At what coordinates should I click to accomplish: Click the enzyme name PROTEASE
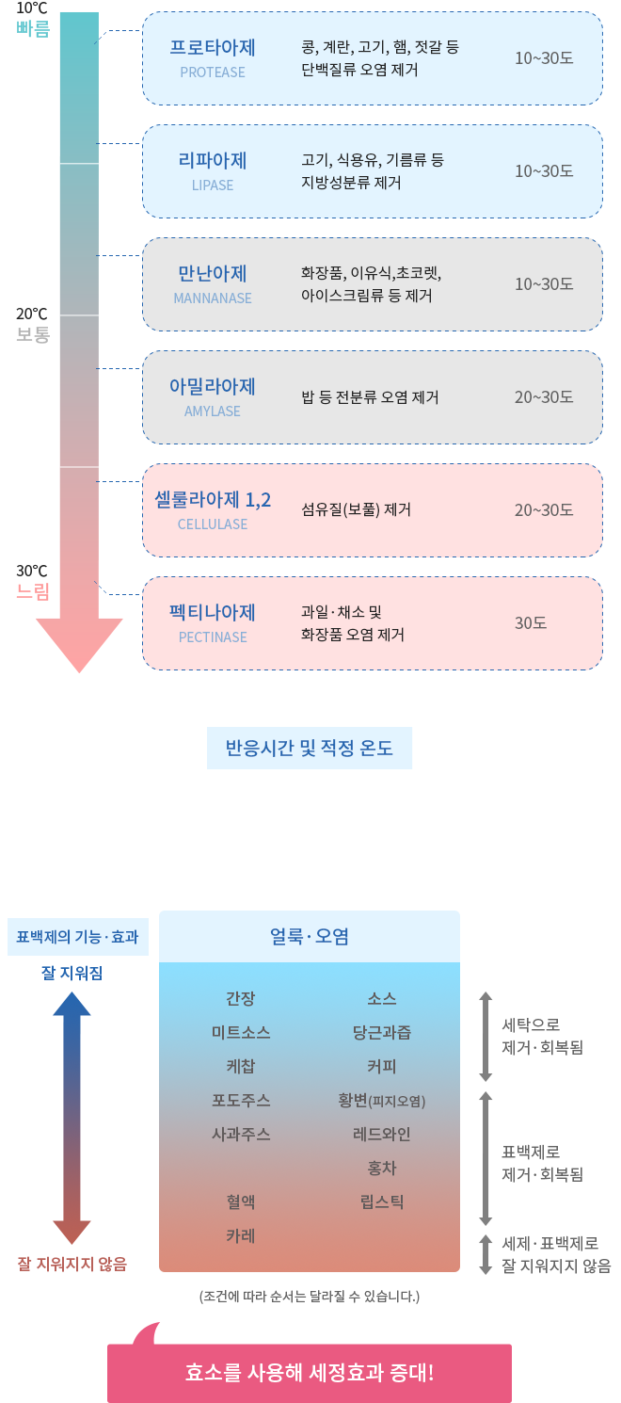[213, 72]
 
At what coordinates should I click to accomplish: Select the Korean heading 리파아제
[213, 160]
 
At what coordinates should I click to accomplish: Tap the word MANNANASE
[213, 298]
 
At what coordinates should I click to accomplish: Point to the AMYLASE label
[213, 411]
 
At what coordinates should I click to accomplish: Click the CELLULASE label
[213, 524]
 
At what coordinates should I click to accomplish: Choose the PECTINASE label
[213, 637]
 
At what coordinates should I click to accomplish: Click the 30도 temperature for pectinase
[531, 622]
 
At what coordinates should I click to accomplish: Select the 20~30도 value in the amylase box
[544, 396]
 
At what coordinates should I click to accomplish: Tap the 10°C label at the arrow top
[32, 8]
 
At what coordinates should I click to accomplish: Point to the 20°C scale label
[32, 314]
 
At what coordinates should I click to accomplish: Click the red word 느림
[33, 590]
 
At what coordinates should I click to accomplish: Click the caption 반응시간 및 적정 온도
[310, 748]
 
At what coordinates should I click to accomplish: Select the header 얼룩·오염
[310, 936]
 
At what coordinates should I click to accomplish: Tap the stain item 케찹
[241, 1066]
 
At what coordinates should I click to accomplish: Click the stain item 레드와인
[382, 1134]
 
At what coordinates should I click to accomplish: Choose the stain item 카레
[241, 1235]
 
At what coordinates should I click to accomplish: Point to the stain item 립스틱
[382, 1201]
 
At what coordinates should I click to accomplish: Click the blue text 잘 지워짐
[72, 973]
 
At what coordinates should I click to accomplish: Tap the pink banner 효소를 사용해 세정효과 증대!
[310, 1373]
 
